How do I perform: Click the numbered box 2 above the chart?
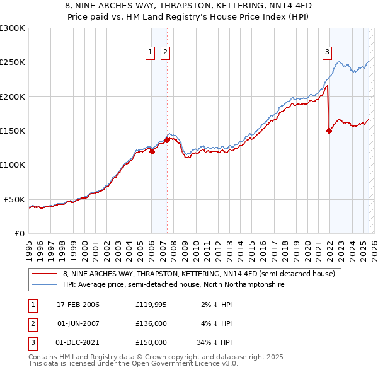tap(165, 52)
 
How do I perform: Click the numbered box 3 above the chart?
tap(328, 52)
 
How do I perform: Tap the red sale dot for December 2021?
tap(329, 131)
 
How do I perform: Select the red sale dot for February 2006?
tap(152, 151)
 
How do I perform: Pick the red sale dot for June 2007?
tap(167, 141)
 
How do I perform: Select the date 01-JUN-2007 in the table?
tap(78, 323)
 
